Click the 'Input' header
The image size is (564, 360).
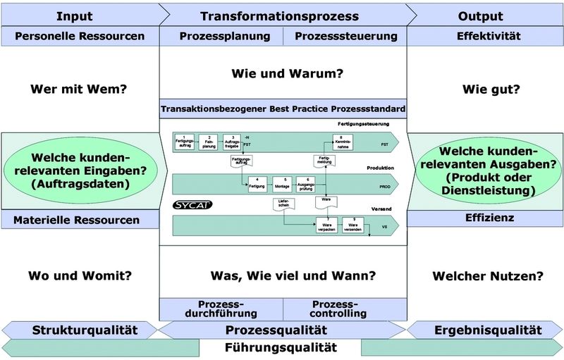click(x=73, y=16)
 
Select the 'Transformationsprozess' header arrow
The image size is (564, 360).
click(x=279, y=16)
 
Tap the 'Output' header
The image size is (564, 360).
click(x=480, y=16)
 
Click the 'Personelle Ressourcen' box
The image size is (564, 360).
click(x=80, y=36)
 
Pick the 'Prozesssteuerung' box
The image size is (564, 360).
click(x=345, y=36)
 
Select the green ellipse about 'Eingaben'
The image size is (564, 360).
click(x=82, y=171)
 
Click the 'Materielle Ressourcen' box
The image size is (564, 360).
click(x=80, y=220)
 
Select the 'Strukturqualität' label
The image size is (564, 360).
click(x=83, y=330)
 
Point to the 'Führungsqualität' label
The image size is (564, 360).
click(x=280, y=347)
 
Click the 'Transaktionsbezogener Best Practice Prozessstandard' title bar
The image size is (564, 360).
click(x=283, y=109)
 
